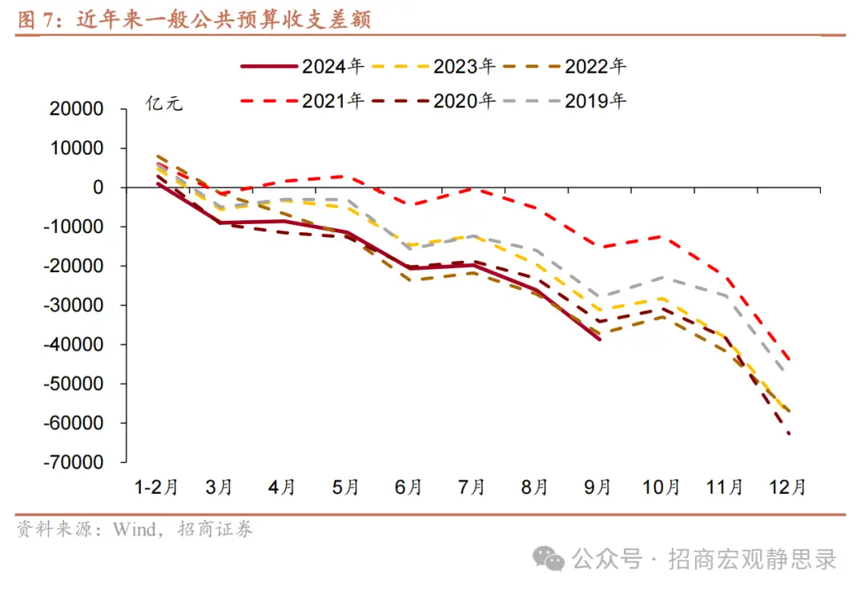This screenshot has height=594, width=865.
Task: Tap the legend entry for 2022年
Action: [x=565, y=66]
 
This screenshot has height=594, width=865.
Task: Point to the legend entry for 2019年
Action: [x=565, y=101]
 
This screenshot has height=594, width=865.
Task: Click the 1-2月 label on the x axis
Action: [x=156, y=487]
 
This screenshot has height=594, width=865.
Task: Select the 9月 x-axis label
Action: [x=597, y=487]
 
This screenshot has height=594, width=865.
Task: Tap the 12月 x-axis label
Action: [x=787, y=487]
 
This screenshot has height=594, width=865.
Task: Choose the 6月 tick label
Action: [x=408, y=487]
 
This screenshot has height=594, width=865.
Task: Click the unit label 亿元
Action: [x=164, y=103]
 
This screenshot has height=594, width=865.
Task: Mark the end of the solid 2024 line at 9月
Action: [x=598, y=339]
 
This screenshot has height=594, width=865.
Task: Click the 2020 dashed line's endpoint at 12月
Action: [x=789, y=433]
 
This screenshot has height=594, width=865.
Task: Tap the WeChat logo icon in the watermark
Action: [x=549, y=558]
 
